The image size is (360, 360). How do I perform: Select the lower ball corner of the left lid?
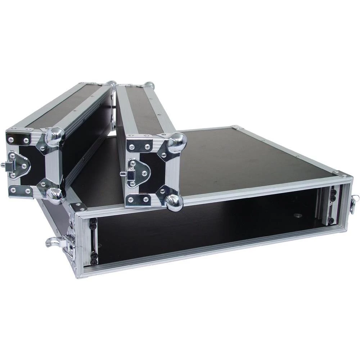(55, 195)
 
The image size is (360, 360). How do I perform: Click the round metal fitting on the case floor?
(297, 216)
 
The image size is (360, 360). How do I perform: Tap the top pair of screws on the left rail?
(93, 223)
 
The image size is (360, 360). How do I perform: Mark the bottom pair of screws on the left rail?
(94, 256)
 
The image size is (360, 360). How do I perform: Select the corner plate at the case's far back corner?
(237, 127)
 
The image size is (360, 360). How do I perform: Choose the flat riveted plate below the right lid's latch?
(138, 199)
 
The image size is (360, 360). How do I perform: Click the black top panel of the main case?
(252, 158)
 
